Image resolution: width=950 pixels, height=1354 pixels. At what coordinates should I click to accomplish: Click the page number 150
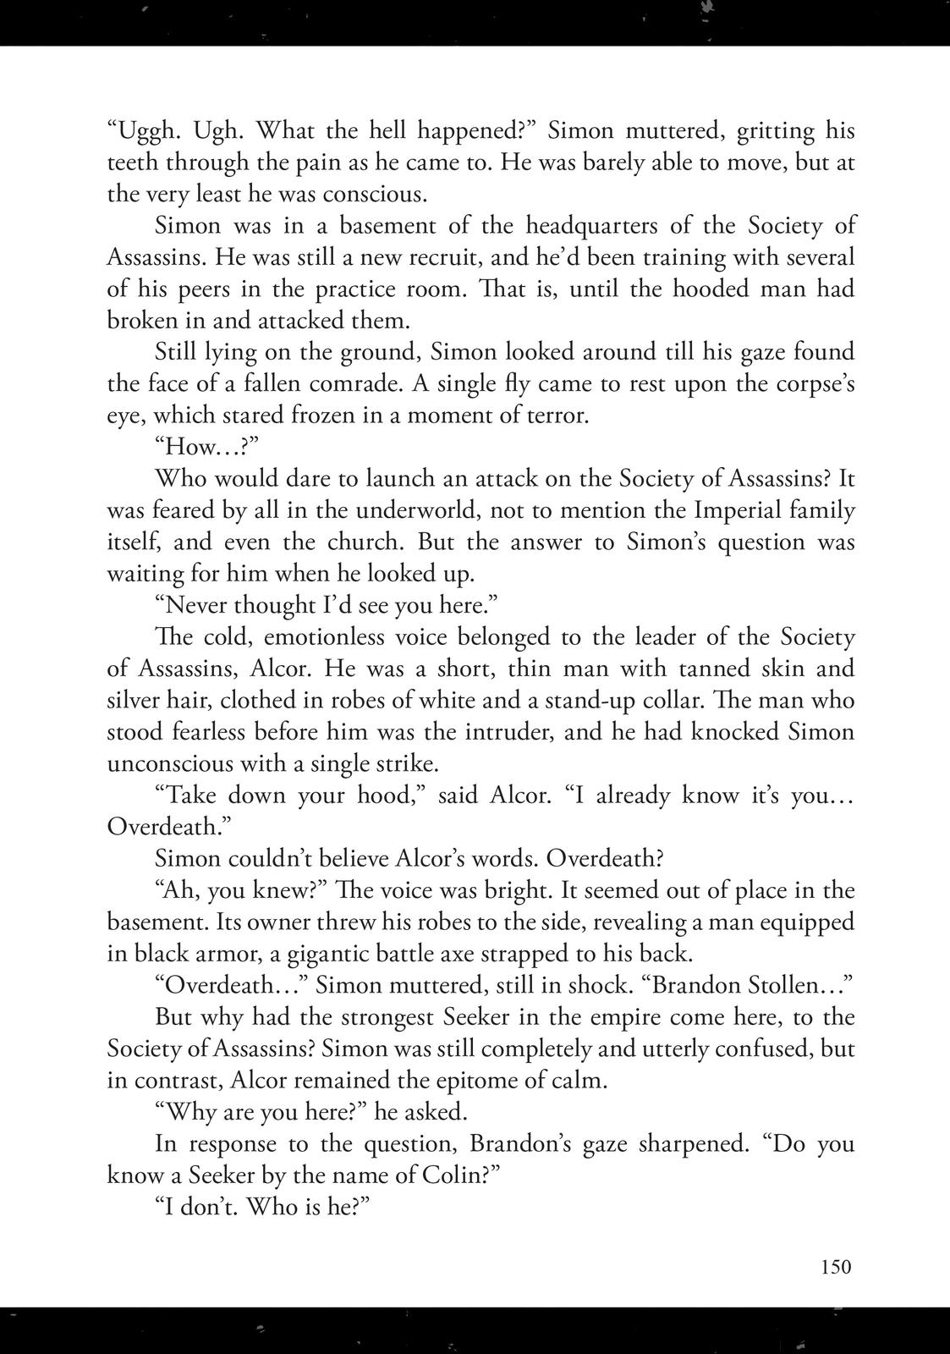point(834,1267)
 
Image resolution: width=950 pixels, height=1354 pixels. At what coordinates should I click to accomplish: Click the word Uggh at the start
point(142,131)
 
